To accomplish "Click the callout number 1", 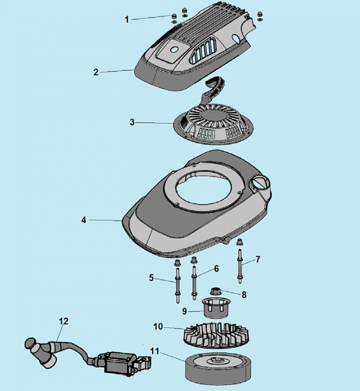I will (x=127, y=19).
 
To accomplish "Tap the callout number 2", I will (x=96, y=72).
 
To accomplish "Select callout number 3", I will (x=132, y=122).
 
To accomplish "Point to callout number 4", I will (x=83, y=220).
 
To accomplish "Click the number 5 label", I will (x=151, y=278).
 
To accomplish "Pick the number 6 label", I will (x=217, y=269).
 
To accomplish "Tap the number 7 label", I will (x=258, y=259).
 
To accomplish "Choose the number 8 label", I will (x=244, y=295).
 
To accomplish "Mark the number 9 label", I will (x=184, y=311).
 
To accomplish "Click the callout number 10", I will (x=158, y=326).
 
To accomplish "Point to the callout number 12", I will (x=63, y=321).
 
